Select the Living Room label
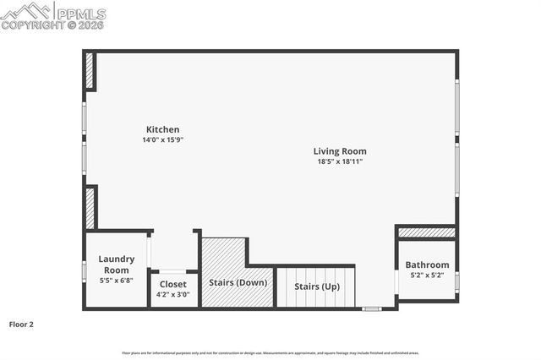pyautogui.click(x=342, y=151)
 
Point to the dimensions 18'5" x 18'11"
pyautogui.click(x=341, y=161)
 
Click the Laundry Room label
pyautogui.click(x=117, y=265)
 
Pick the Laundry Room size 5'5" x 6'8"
pyautogui.click(x=117, y=280)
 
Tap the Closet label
pyautogui.click(x=173, y=285)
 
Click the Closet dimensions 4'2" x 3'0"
pyautogui.click(x=173, y=295)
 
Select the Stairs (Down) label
pyautogui.click(x=238, y=282)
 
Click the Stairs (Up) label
pyautogui.click(x=317, y=286)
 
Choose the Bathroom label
pyautogui.click(x=427, y=265)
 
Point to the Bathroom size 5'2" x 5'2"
pyautogui.click(x=427, y=275)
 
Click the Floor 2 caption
pyautogui.click(x=21, y=324)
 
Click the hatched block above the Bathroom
pyautogui.click(x=427, y=232)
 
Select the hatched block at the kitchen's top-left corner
pyautogui.click(x=90, y=71)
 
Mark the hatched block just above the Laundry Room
pyautogui.click(x=90, y=208)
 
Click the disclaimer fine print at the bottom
pyautogui.click(x=270, y=352)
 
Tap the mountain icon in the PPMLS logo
pyautogui.click(x=25, y=10)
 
